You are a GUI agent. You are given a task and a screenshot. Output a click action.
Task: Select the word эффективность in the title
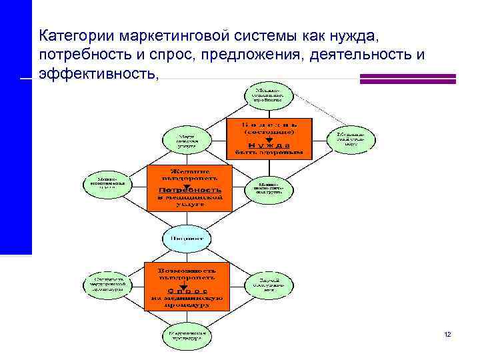(x=99, y=73)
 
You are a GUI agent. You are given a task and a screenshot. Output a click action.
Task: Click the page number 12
(x=447, y=333)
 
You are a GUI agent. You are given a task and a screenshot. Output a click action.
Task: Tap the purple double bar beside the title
(x=407, y=79)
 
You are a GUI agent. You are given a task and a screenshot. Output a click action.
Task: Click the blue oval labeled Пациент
(x=187, y=238)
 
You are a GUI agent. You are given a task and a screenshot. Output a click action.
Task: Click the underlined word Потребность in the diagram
(x=189, y=191)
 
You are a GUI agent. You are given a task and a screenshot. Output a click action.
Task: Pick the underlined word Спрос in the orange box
(x=187, y=291)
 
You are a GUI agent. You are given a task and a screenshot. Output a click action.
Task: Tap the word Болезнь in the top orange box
(x=269, y=124)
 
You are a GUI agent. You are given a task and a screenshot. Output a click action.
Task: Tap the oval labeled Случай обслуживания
(x=269, y=285)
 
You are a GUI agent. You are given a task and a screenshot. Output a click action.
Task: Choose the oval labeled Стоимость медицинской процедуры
(x=107, y=285)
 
